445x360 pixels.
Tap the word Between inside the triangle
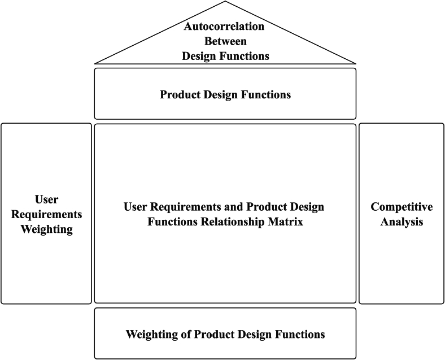(225, 41)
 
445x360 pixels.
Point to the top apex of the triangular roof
(225, 2)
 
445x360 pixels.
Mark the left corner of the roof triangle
(95, 63)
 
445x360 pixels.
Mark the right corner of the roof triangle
(356, 63)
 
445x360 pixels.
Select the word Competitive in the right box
(402, 207)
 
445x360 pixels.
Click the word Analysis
(402, 222)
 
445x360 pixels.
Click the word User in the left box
(46, 199)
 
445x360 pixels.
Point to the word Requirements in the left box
(46, 214)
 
